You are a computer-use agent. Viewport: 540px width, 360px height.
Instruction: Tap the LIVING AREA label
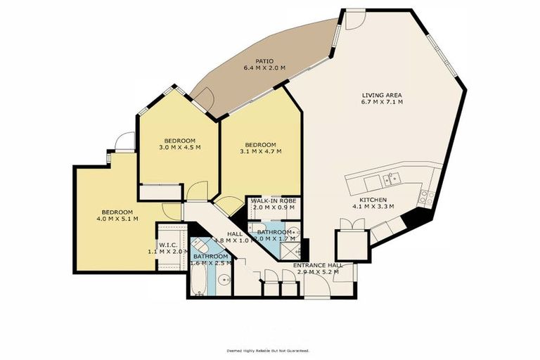382,95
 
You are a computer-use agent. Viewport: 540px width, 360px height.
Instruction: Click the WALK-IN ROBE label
274,201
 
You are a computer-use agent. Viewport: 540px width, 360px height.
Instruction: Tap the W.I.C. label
168,245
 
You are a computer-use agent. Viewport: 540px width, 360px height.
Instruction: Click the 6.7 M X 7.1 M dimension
382,103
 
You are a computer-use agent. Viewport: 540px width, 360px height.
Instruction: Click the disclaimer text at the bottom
267,350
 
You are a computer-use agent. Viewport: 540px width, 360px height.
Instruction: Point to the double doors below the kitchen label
349,223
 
